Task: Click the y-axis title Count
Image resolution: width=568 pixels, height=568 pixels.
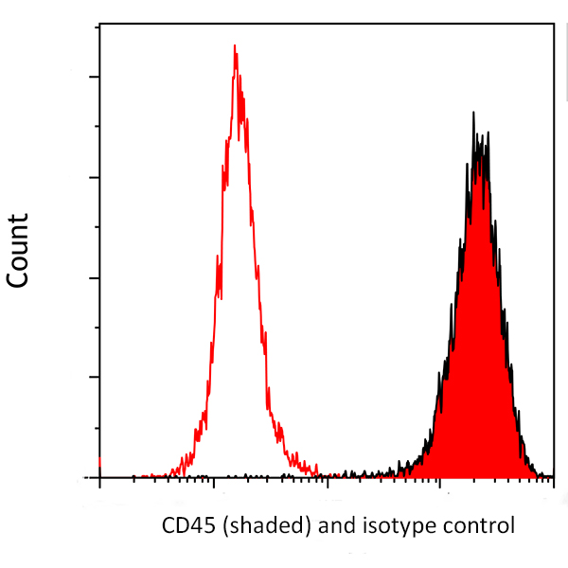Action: (18, 251)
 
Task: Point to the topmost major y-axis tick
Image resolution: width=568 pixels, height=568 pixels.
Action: (93, 77)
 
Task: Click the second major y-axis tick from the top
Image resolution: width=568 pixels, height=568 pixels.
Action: (93, 177)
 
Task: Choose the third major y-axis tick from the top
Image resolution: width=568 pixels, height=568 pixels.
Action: (93, 277)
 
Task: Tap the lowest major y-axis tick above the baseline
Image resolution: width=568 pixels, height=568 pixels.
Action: (93, 377)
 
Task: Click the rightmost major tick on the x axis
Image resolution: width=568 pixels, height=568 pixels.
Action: (553, 483)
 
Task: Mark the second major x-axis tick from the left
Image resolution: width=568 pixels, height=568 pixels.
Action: (214, 483)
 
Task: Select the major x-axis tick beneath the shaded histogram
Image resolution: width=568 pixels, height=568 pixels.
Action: (440, 483)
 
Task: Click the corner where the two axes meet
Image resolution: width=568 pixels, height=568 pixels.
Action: (99, 478)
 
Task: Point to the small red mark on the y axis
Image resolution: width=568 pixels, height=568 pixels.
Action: (99, 463)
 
